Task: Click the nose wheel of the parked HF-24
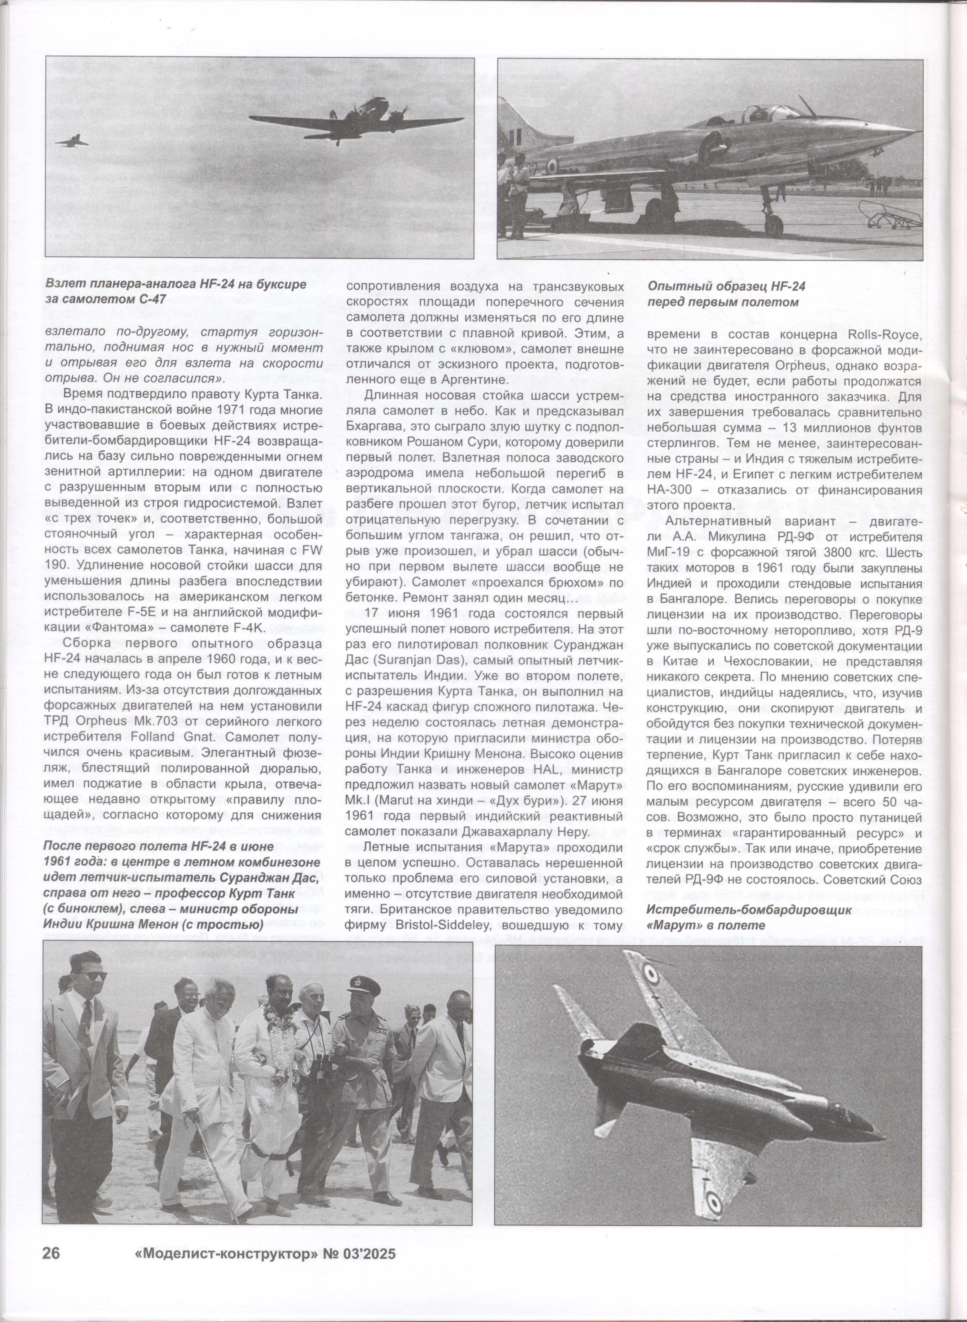point(774,224)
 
